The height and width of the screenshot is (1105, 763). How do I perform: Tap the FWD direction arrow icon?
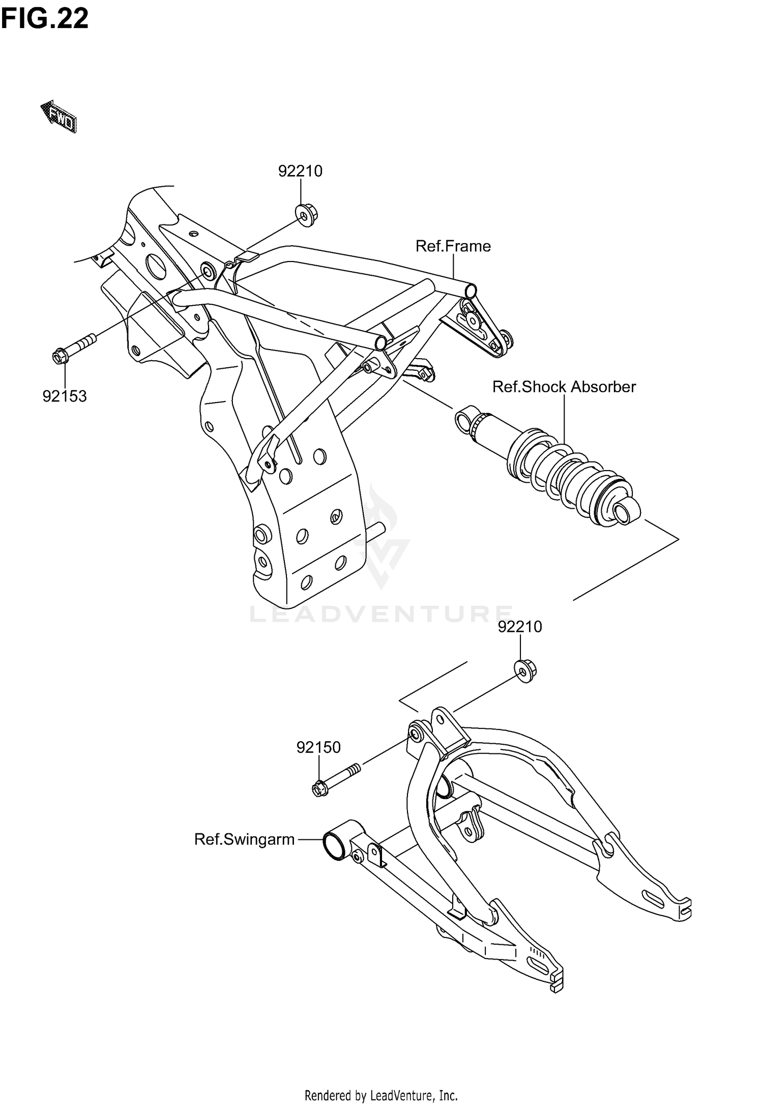tap(59, 117)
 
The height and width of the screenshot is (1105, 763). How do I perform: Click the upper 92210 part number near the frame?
tap(300, 171)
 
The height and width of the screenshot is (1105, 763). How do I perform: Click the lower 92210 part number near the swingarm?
tap(520, 627)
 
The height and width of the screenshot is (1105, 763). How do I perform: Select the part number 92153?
tap(65, 396)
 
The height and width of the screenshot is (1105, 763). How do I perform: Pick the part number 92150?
tap(318, 747)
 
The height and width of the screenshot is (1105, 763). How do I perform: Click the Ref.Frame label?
tap(453, 246)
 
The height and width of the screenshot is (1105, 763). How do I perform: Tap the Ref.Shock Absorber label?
tap(564, 387)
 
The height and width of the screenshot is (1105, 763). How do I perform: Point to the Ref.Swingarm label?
tap(244, 839)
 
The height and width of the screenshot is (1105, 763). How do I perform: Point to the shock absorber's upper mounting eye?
tap(465, 420)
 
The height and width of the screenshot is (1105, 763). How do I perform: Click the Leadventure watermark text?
tap(380, 614)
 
